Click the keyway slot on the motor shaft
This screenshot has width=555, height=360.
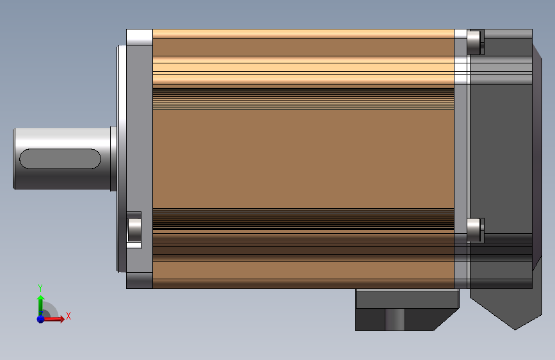[x=60, y=159]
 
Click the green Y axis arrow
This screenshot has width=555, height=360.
[x=40, y=304]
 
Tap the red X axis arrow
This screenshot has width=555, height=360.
[x=53, y=319]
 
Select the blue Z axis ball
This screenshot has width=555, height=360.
[x=40, y=319]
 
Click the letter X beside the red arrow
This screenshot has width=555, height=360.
[x=68, y=316]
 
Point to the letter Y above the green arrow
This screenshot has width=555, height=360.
[x=40, y=288]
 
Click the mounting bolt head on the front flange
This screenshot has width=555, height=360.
[x=134, y=230]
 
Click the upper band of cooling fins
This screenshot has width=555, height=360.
[x=303, y=99]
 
